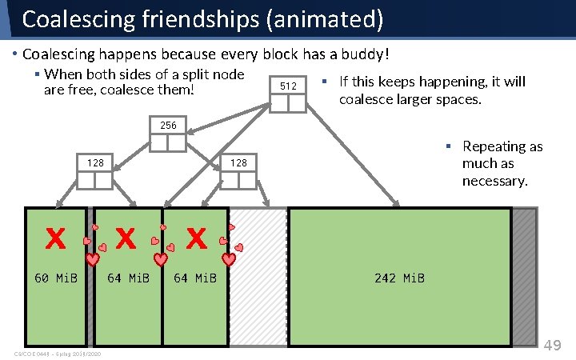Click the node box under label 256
tap(168, 142)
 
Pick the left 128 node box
tap(95, 180)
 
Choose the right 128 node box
tap(238, 180)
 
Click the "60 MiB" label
tap(55, 278)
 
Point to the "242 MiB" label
tap(399, 278)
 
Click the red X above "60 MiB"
tap(54, 238)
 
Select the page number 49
tap(553, 346)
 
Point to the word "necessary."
tap(494, 181)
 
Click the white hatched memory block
tap(258, 276)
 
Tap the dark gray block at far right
tap(524, 276)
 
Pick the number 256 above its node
tap(168, 126)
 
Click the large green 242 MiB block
tap(399, 240)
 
